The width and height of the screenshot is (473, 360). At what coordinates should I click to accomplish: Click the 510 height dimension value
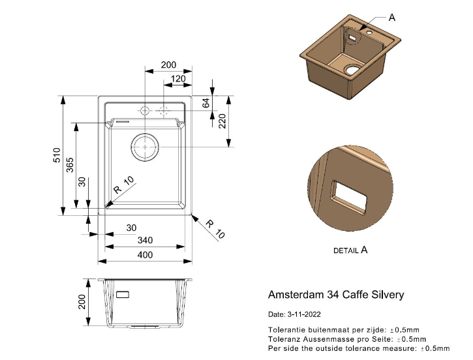click(x=57, y=156)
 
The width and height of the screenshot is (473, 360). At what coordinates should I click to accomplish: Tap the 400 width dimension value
click(x=145, y=254)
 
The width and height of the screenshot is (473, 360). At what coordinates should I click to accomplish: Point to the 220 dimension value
click(x=222, y=122)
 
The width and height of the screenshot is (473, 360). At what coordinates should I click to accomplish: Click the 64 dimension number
click(x=206, y=103)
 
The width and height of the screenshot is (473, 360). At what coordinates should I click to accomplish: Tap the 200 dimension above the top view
click(x=168, y=65)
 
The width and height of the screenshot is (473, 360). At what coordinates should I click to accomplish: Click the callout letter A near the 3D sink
click(x=392, y=18)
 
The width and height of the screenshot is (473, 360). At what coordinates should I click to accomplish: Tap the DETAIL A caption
click(x=350, y=250)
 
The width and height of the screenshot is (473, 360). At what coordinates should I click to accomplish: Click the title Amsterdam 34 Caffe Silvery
click(x=336, y=295)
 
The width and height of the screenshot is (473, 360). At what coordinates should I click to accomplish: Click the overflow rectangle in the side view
click(x=123, y=294)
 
